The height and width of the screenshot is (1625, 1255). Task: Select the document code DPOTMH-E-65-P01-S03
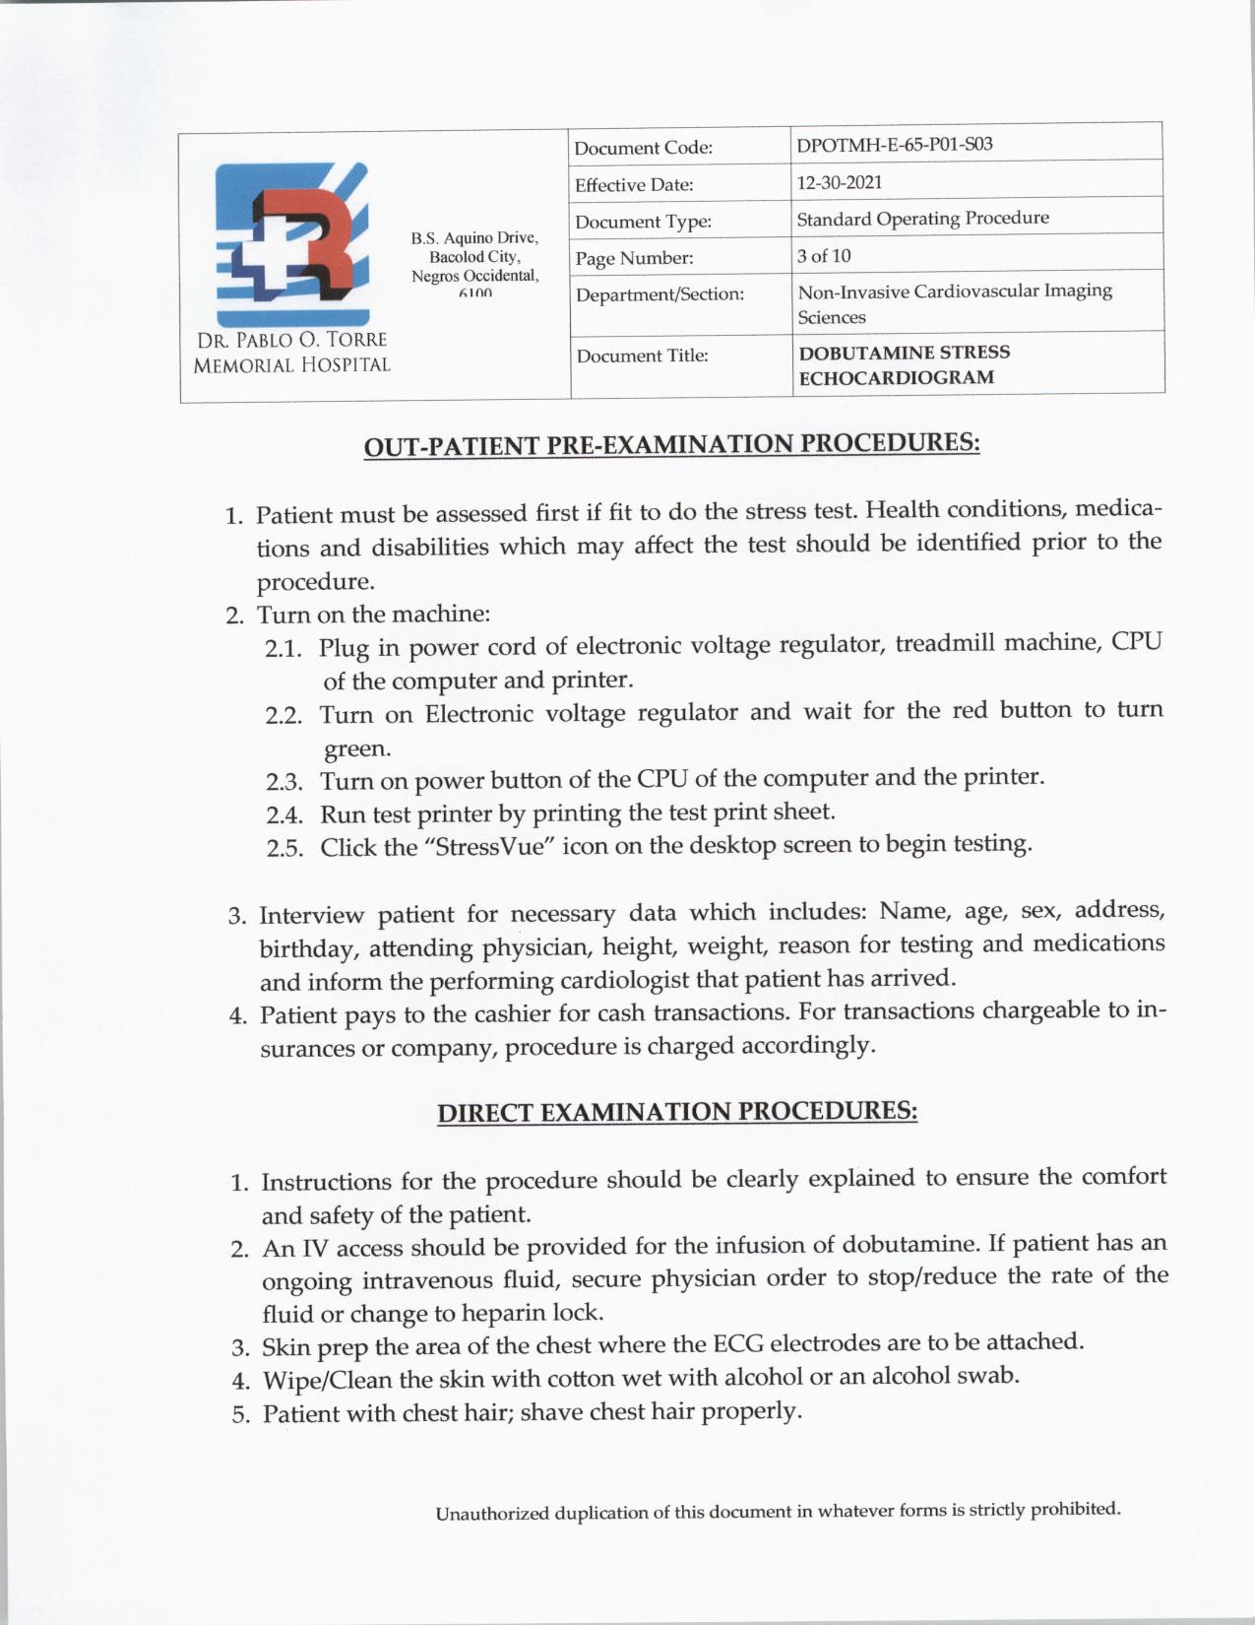click(x=894, y=145)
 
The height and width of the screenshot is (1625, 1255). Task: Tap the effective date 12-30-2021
click(x=839, y=182)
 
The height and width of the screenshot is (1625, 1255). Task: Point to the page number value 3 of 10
click(x=824, y=256)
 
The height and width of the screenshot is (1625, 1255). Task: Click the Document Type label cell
click(x=643, y=223)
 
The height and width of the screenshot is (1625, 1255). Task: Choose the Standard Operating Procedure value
click(x=922, y=219)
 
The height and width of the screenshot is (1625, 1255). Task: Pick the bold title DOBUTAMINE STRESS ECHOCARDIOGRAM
click(x=903, y=364)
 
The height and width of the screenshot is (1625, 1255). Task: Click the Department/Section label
click(x=659, y=294)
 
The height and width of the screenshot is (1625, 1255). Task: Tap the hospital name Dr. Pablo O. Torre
click(x=292, y=341)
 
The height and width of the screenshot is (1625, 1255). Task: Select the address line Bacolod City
click(x=474, y=257)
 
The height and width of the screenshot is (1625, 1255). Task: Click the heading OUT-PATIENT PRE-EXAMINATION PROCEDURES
click(x=671, y=445)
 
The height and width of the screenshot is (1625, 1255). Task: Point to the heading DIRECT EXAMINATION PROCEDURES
click(x=677, y=1112)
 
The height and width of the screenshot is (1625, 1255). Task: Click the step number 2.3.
click(x=283, y=783)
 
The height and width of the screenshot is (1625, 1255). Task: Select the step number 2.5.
click(x=283, y=849)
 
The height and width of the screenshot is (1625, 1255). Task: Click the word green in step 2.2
click(x=357, y=749)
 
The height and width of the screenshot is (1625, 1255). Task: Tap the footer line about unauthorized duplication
click(x=778, y=1511)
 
